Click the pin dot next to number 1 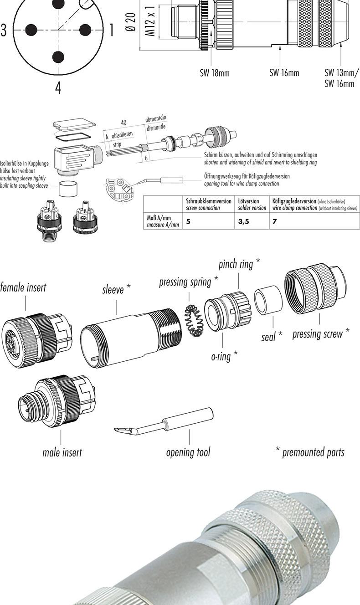click(x=85, y=30)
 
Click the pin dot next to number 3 click(x=31, y=30)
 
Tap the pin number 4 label click(x=58, y=87)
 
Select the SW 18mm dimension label click(x=214, y=73)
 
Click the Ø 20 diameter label click(x=131, y=23)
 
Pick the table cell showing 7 click(x=275, y=221)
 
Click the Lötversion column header click(x=252, y=204)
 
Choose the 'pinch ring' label click(x=239, y=264)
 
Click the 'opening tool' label click(x=188, y=452)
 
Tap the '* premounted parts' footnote click(x=310, y=452)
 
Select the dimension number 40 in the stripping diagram click(x=123, y=123)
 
